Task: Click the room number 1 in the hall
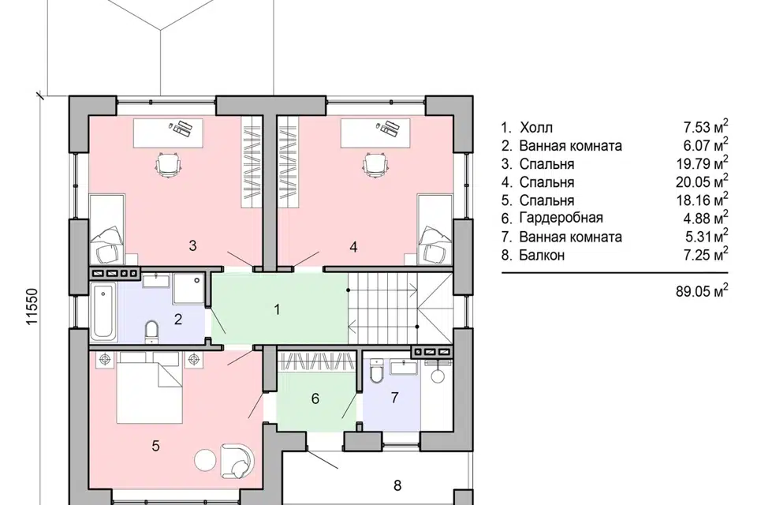click(277, 309)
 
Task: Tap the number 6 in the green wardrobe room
click(315, 398)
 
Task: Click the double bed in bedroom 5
click(150, 387)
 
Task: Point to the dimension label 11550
click(32, 307)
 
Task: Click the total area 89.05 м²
click(702, 290)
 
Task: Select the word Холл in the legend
click(536, 128)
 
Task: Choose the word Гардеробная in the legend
click(561, 218)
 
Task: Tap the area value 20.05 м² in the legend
click(702, 181)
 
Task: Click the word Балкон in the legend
click(542, 255)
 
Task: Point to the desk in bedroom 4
click(375, 133)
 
